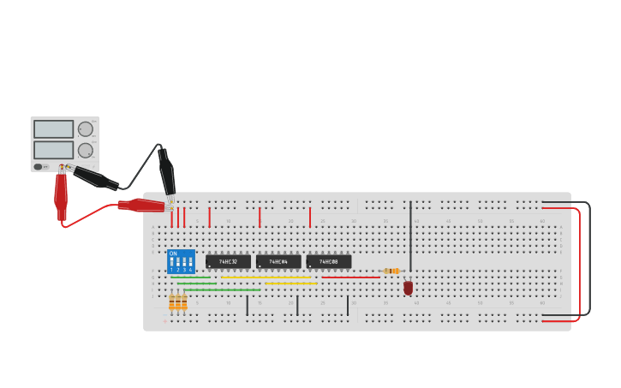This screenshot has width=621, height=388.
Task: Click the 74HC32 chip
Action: pyautogui.click(x=228, y=261)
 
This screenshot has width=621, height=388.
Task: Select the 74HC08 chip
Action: pyautogui.click(x=328, y=261)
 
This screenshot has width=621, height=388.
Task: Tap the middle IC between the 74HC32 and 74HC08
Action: pyautogui.click(x=278, y=261)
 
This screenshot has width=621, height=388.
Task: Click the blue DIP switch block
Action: pyautogui.click(x=181, y=262)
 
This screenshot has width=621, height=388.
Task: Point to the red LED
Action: pyautogui.click(x=408, y=288)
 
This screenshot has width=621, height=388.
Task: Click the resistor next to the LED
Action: pyautogui.click(x=391, y=271)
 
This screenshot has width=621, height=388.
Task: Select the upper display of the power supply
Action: pyautogui.click(x=53, y=129)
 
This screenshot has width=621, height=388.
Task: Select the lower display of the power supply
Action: pyautogui.click(x=53, y=150)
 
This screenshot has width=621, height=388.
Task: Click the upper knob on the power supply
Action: pyautogui.click(x=86, y=129)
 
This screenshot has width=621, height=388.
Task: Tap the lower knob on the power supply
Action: pyautogui.click(x=86, y=151)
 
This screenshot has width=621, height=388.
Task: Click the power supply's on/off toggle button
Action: pyautogui.click(x=39, y=166)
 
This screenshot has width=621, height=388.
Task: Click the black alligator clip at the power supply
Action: pyautogui.click(x=94, y=178)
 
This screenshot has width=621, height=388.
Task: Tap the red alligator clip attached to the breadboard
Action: pyautogui.click(x=141, y=206)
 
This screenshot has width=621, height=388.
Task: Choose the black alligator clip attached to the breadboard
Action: pyautogui.click(x=167, y=175)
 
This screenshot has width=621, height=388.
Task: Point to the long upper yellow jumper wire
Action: pyautogui.click(x=266, y=278)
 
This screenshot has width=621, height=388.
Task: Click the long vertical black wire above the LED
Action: pyautogui.click(x=410, y=236)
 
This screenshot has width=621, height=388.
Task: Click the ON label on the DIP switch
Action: pyautogui.click(x=173, y=254)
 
